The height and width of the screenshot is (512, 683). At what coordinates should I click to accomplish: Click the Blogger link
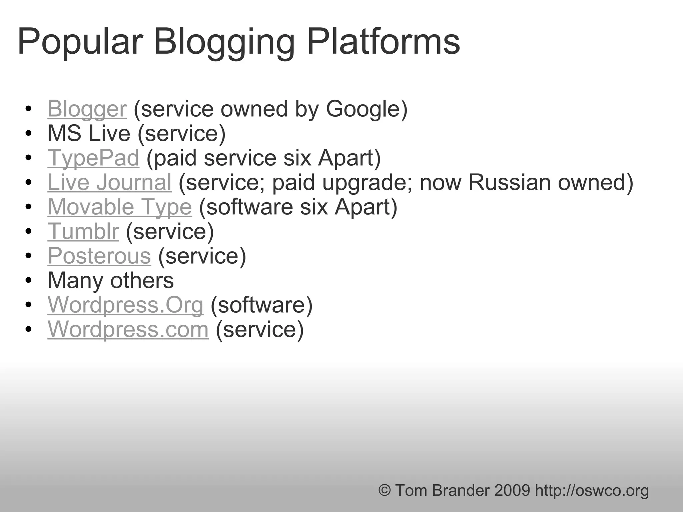point(87,109)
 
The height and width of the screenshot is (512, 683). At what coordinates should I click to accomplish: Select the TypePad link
point(93,158)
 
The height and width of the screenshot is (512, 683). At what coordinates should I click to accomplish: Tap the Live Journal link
point(109,182)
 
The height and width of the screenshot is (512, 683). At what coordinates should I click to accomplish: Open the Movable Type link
point(119,207)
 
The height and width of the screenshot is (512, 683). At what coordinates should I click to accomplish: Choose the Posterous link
point(99,256)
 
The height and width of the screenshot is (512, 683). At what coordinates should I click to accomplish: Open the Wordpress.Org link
point(125,305)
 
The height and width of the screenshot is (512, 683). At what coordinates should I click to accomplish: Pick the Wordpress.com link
point(128,329)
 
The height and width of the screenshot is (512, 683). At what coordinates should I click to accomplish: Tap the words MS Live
point(89,133)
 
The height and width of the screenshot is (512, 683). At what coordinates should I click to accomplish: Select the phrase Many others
point(110,280)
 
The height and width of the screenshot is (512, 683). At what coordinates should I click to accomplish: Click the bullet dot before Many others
point(28,281)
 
